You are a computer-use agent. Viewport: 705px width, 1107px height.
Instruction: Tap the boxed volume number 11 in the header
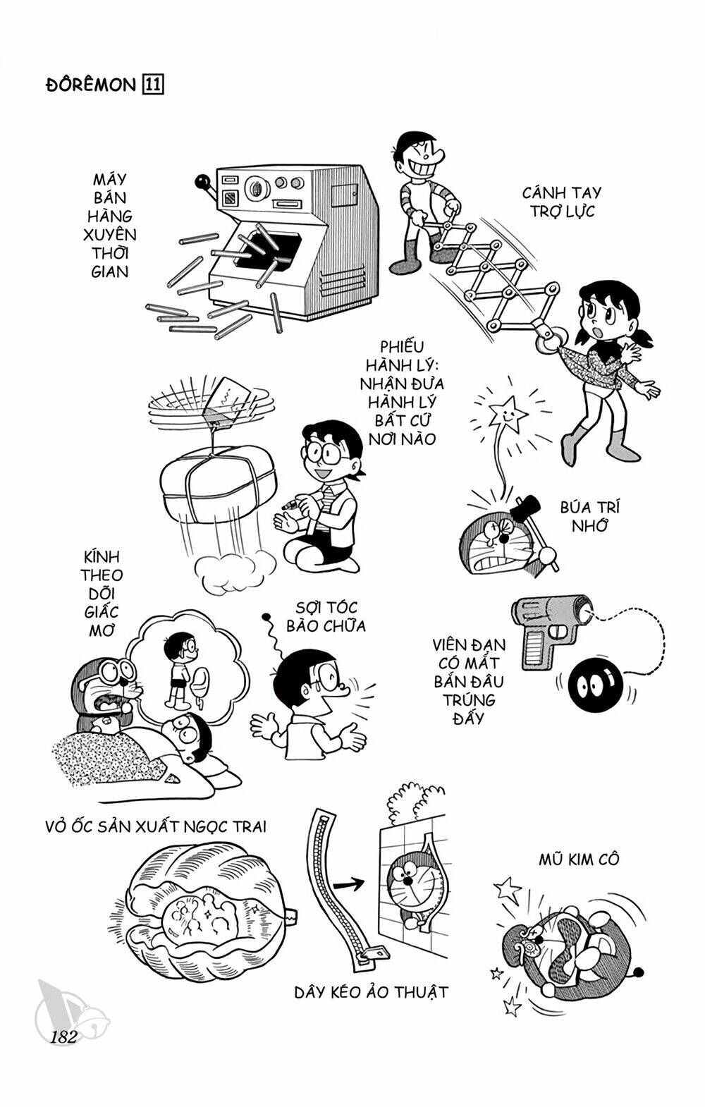(x=154, y=85)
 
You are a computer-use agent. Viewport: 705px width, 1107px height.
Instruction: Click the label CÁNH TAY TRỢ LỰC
(x=562, y=202)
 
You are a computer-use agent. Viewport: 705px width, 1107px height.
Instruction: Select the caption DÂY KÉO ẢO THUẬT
(x=371, y=992)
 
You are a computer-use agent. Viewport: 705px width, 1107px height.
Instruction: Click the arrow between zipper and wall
(x=349, y=882)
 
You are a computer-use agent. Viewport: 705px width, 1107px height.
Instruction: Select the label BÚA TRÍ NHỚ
(x=589, y=516)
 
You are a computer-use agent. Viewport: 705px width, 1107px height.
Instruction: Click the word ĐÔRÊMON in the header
(x=85, y=85)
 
